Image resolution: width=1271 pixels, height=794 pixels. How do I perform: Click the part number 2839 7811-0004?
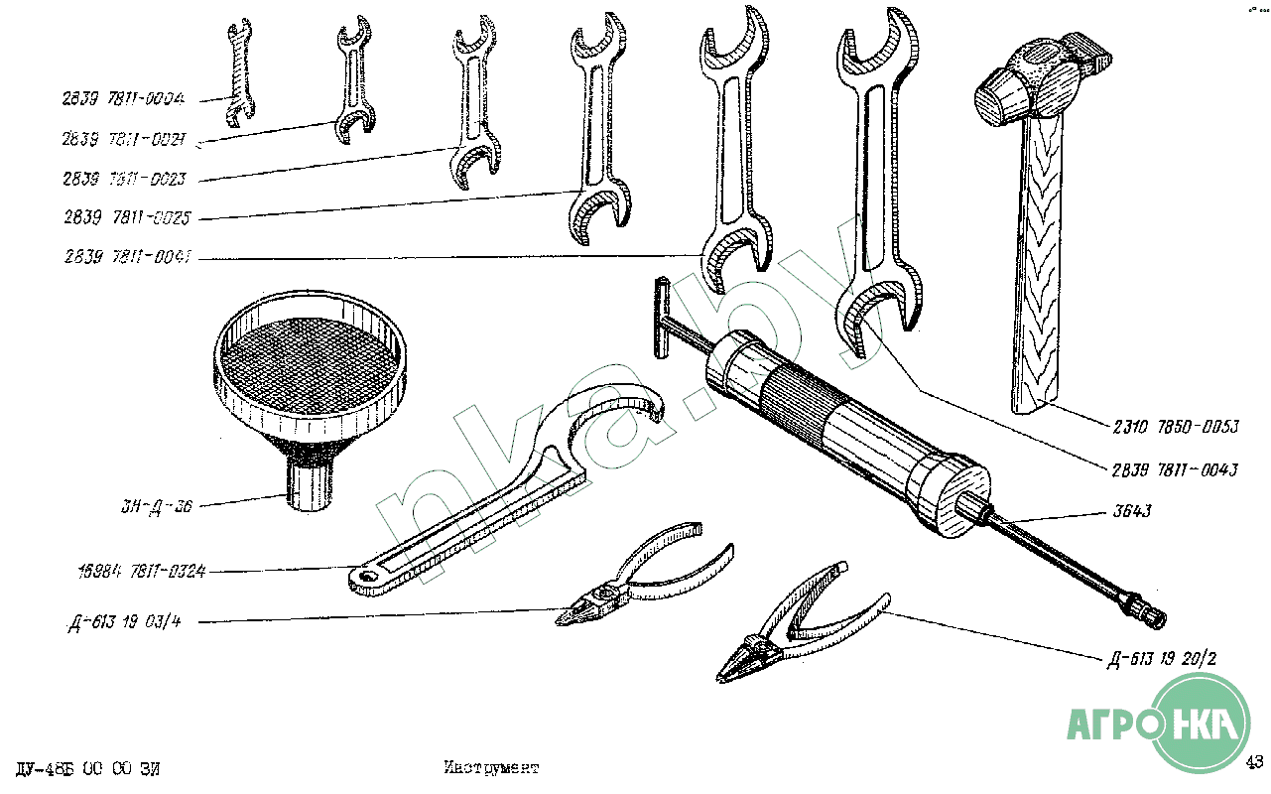(124, 99)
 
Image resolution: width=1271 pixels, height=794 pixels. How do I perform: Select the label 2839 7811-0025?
(126, 218)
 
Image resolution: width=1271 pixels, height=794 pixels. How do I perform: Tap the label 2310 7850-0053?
(1175, 429)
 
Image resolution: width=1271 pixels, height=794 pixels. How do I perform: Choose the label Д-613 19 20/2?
(1162, 658)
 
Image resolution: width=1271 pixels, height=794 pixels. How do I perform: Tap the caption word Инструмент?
(491, 768)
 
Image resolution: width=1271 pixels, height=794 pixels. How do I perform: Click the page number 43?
(1254, 762)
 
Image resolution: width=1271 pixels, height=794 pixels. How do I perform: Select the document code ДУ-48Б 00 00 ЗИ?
(88, 769)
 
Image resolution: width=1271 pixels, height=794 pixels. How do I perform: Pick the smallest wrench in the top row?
(237, 74)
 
